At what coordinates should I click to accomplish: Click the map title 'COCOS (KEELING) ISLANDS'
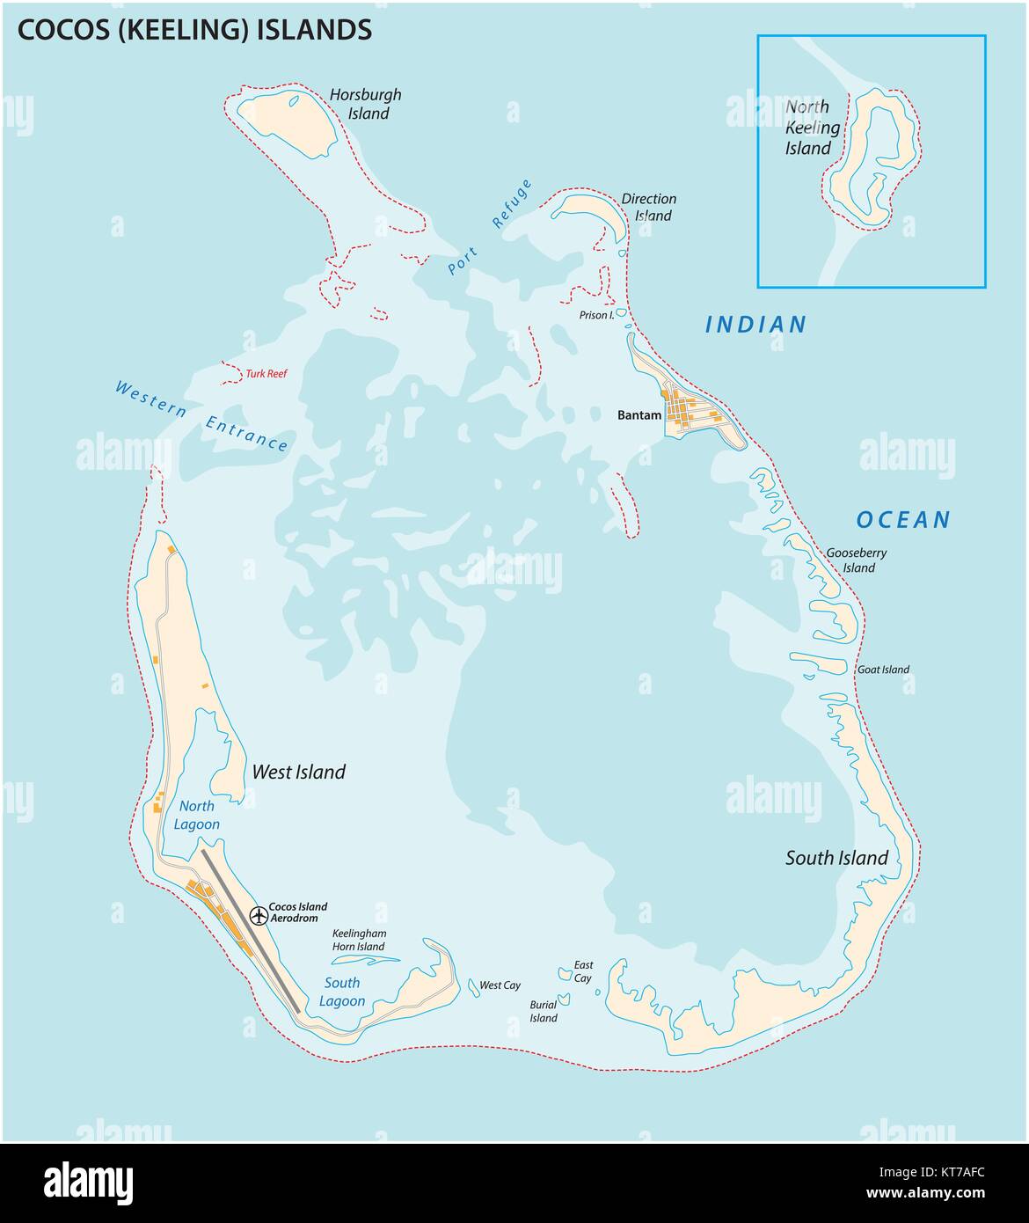(195, 30)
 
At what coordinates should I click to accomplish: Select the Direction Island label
(649, 208)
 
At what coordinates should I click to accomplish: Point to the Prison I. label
(595, 315)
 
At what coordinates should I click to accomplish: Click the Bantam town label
(639, 414)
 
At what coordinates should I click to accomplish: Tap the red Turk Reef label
(266, 373)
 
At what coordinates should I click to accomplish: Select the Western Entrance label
(201, 415)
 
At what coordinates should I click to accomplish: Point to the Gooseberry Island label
(856, 560)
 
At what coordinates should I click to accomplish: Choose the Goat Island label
(883, 670)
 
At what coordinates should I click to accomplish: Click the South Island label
(836, 858)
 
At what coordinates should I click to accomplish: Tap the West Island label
(298, 772)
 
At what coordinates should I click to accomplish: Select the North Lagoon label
(199, 815)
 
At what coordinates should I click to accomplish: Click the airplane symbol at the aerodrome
(259, 916)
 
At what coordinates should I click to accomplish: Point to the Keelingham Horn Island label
(358, 940)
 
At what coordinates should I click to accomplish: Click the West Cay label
(500, 985)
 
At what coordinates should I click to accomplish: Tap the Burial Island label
(543, 1011)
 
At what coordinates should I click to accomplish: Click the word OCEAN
(903, 520)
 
